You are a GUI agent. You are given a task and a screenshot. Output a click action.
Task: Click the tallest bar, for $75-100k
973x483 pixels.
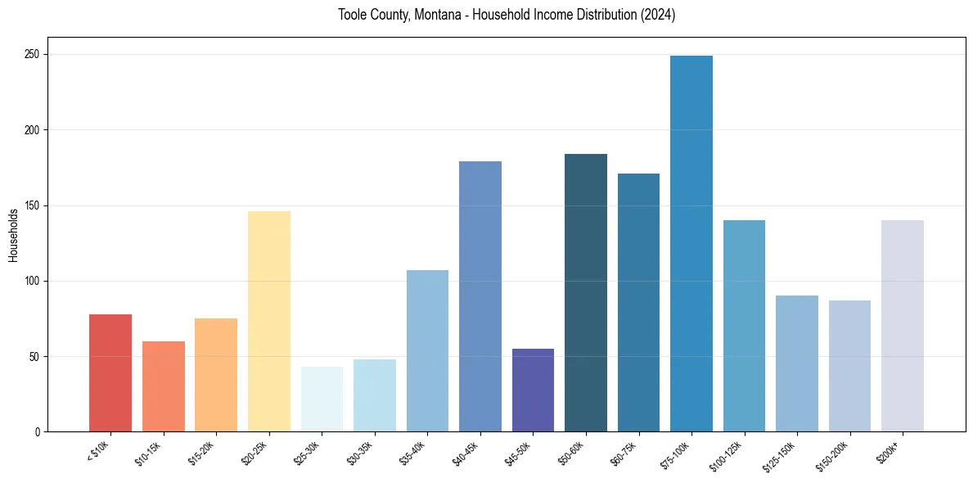[x=691, y=244]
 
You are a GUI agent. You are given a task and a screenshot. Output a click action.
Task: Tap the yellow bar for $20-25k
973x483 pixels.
[x=269, y=321]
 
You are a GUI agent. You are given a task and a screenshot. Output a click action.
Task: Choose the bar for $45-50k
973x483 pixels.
[x=533, y=390]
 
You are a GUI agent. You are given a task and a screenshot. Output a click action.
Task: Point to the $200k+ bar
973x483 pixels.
[x=903, y=326]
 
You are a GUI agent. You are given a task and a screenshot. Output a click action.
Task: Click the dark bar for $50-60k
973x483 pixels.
[x=586, y=292]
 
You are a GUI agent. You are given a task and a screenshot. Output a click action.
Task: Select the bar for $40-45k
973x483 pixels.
[x=480, y=296]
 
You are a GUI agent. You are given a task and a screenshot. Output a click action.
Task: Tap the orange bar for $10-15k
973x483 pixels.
[x=164, y=386]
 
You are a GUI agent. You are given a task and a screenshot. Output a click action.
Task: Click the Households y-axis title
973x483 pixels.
[x=13, y=235]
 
